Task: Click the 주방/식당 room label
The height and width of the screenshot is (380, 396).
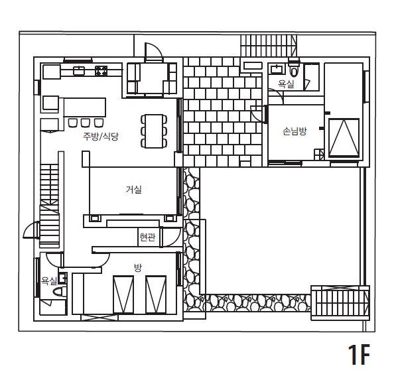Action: [x=101, y=137]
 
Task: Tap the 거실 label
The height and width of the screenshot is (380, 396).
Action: [x=133, y=190]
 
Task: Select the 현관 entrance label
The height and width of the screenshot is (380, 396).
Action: [x=147, y=237]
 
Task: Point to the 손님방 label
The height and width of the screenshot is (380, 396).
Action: [x=295, y=131]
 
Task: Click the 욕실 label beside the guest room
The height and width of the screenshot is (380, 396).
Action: [x=286, y=84]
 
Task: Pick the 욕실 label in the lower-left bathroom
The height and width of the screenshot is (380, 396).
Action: [x=49, y=281]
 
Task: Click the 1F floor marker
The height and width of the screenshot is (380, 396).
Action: [x=359, y=354]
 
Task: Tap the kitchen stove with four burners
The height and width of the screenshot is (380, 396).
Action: [x=101, y=71]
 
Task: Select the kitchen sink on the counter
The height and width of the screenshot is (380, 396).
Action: [x=78, y=71]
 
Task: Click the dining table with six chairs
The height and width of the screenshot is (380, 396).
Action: [x=154, y=131]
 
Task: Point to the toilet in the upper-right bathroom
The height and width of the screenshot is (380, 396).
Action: [x=294, y=69]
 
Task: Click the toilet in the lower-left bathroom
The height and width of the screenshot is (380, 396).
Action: [x=59, y=292]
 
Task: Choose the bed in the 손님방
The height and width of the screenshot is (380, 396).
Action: [x=344, y=138]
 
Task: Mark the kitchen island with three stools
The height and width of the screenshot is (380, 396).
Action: [x=85, y=107]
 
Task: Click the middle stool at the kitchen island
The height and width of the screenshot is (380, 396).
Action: [x=86, y=123]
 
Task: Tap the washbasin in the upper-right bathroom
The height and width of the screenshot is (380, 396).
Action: [x=277, y=69]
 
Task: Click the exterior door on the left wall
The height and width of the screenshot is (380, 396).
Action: [x=31, y=229]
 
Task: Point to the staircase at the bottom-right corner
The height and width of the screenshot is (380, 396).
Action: [x=340, y=303]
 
